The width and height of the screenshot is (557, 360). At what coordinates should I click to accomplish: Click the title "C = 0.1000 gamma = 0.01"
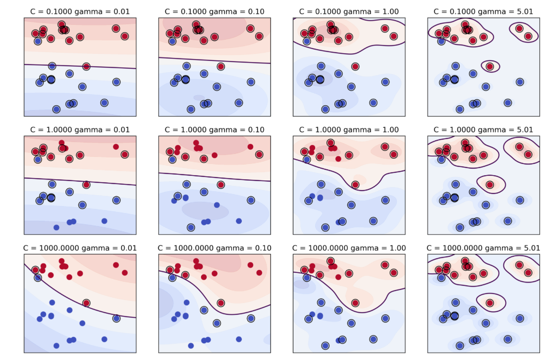click(80, 11)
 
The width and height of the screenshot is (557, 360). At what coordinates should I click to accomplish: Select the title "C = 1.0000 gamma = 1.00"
click(349, 130)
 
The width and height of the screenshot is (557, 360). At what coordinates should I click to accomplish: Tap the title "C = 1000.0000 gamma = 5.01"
click(483, 248)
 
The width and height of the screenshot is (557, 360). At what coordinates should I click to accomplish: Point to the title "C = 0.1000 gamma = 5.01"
click(483, 11)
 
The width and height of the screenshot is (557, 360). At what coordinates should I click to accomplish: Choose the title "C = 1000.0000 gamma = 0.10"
click(214, 248)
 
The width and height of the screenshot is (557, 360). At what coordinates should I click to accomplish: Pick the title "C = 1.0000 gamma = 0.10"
click(214, 130)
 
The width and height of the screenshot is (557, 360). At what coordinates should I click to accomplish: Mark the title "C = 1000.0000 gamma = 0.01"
click(80, 248)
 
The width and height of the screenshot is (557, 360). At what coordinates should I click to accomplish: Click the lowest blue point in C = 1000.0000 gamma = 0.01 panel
click(56, 346)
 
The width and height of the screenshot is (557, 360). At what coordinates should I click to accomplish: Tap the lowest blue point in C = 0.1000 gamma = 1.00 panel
click(325, 109)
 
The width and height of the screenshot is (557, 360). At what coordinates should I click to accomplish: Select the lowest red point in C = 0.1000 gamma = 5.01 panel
click(490, 66)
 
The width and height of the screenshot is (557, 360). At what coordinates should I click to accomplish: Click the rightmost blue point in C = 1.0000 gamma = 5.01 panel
click(519, 200)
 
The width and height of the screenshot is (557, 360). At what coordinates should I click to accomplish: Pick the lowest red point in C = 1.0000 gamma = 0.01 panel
click(86, 184)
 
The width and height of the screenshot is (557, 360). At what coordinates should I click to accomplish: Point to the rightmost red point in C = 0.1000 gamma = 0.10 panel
click(259, 36)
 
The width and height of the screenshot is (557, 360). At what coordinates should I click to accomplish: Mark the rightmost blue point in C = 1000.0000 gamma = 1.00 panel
click(385, 318)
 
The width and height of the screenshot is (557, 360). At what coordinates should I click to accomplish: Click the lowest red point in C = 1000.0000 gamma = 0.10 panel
click(221, 303)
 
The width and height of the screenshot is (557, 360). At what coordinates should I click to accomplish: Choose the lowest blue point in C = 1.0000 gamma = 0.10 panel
click(191, 227)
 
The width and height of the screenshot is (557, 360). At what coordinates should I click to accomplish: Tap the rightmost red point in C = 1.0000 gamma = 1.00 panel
click(394, 154)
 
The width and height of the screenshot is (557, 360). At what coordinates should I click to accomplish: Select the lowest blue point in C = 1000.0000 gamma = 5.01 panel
click(460, 346)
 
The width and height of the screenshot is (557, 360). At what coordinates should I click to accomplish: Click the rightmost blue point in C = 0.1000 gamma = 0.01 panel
click(116, 82)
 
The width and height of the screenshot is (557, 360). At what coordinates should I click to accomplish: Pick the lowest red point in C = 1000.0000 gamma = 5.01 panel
click(490, 303)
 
